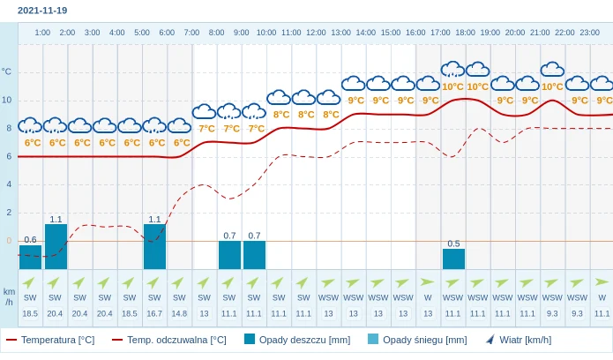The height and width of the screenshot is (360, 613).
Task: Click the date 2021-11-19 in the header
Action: pyautogui.click(x=42, y=11)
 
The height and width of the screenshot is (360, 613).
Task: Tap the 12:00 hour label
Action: pyautogui.click(x=316, y=33)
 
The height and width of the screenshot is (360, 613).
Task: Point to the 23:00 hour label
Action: pyautogui.click(x=590, y=33)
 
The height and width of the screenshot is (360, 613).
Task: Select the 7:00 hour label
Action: pyautogui.click(x=191, y=33)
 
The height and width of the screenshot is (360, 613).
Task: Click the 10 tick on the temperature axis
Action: pyautogui.click(x=7, y=100)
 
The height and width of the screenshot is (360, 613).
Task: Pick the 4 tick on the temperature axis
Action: pyautogui.click(x=9, y=184)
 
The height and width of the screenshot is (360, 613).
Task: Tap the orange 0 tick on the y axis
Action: pyautogui.click(x=9, y=240)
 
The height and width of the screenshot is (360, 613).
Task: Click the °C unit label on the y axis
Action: pyautogui.click(x=7, y=71)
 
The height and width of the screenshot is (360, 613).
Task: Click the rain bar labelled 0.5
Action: pyautogui.click(x=453, y=259)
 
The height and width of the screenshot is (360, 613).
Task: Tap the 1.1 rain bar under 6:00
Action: pyautogui.click(x=154, y=246)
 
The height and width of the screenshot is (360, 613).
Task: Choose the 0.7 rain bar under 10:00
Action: pyautogui.click(x=254, y=255)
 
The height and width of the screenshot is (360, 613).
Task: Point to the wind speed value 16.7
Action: pyautogui.click(x=154, y=313)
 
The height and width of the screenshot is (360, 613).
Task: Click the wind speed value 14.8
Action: pyautogui.click(x=179, y=313)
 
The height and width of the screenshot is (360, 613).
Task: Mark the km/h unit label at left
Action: pyautogui.click(x=9, y=296)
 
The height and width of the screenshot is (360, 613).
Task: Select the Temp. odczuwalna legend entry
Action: pyautogui.click(x=168, y=340)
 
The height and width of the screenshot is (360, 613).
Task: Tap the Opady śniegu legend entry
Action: pyautogui.click(x=417, y=340)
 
